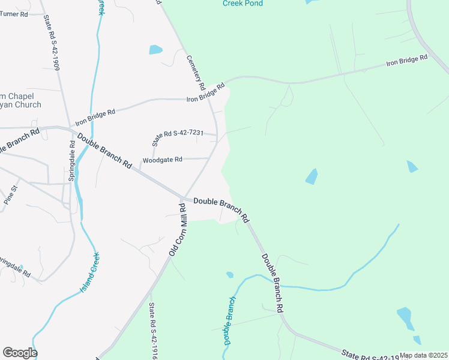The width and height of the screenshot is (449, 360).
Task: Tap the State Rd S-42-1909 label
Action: coord(51,43)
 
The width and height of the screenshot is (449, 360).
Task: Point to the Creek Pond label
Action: coord(244,3)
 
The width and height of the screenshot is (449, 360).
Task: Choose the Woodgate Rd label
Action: coord(162,160)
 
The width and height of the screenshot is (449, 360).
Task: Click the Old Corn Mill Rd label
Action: coord(177,230)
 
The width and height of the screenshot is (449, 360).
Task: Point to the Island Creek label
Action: coord(89,274)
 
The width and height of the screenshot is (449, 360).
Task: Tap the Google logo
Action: coord(20,353)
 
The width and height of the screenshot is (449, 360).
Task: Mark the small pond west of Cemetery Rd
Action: coord(155,50)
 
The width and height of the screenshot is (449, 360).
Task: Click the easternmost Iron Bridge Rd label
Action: coord(406,61)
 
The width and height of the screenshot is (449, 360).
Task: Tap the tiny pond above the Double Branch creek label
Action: coord(229,275)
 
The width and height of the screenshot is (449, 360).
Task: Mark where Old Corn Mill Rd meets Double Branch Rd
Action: coord(184,199)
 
